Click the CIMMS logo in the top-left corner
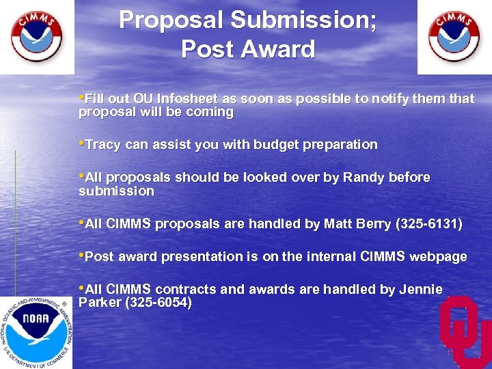[36, 36]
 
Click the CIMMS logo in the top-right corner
[454, 36]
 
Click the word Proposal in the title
[171, 20]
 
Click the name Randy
[364, 178]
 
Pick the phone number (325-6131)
[428, 224]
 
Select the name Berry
[374, 224]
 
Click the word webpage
[439, 257]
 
